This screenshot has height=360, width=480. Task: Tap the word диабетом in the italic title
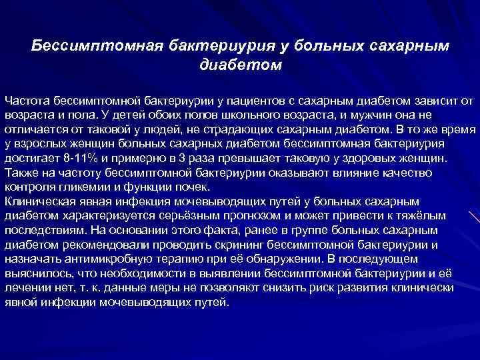click(x=241, y=65)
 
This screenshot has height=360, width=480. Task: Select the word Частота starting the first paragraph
click(x=27, y=100)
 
